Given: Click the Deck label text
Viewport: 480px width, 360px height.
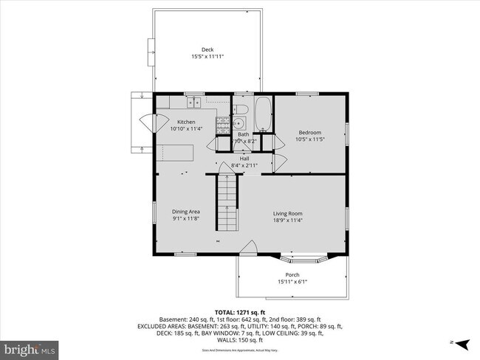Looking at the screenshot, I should (207, 49).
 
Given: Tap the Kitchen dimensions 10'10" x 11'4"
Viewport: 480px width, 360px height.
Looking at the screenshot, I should (186, 128).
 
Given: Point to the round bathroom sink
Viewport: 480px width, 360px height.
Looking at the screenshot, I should (240, 124).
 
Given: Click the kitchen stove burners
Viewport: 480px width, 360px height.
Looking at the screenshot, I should (222, 124).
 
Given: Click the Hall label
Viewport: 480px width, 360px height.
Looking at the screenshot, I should (244, 158).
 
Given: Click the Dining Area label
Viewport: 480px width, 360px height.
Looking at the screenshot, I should (186, 211).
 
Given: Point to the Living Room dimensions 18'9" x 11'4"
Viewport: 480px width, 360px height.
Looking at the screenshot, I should (287, 220).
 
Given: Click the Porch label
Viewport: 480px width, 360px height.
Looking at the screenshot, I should (292, 274).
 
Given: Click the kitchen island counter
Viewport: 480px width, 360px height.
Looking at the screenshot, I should (174, 153).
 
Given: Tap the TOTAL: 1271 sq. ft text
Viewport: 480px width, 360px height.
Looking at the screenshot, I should (239, 313).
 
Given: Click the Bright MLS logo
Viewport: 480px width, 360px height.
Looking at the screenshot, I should (30, 347).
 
